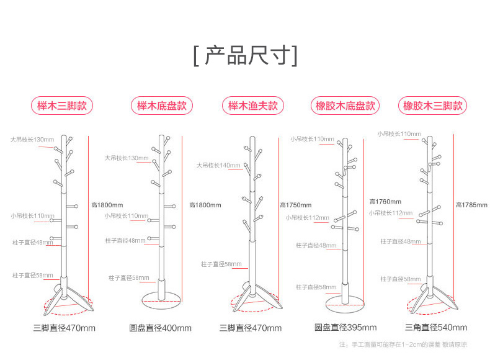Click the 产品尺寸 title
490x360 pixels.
click(245, 55)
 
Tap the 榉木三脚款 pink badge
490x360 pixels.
click(62, 106)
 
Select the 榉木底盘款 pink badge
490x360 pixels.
click(161, 106)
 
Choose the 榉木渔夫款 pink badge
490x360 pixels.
click(252, 106)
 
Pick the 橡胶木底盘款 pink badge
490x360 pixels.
click(345, 106)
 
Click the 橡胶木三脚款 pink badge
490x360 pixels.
click(433, 106)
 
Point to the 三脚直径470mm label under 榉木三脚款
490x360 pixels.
click(64, 327)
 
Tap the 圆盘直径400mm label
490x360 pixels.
click(160, 327)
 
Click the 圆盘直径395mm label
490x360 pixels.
click(345, 327)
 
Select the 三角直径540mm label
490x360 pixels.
click(435, 327)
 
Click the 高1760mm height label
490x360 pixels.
click(385, 201)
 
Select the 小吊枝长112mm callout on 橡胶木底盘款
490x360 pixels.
click(307, 218)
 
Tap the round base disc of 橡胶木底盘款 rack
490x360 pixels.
click(345, 302)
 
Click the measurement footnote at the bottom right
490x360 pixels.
click(403, 344)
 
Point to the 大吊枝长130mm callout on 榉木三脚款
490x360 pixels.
click(32, 139)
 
